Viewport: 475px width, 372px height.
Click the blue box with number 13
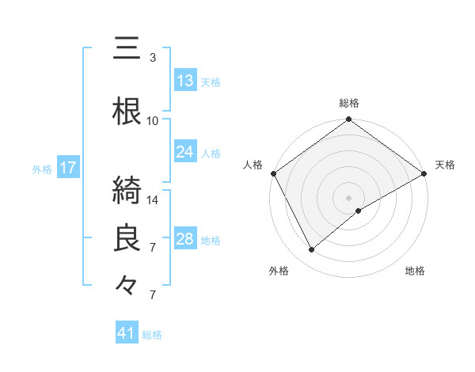coord(185,80)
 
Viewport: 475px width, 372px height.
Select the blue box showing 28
coord(185,239)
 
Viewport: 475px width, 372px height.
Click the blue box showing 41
coord(127,333)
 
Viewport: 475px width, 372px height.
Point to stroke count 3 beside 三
coord(153,58)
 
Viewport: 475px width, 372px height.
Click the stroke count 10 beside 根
coord(153,120)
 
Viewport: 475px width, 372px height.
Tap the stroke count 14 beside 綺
coord(154,200)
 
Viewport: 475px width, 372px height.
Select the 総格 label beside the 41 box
coord(152,335)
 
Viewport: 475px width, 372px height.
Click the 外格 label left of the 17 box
coord(42,169)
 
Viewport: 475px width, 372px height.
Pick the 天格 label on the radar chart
coord(445,165)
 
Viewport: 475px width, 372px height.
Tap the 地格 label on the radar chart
coord(415,271)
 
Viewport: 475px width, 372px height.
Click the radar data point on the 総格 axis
coord(348,120)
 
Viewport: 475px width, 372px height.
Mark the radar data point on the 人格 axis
coord(273,173)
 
